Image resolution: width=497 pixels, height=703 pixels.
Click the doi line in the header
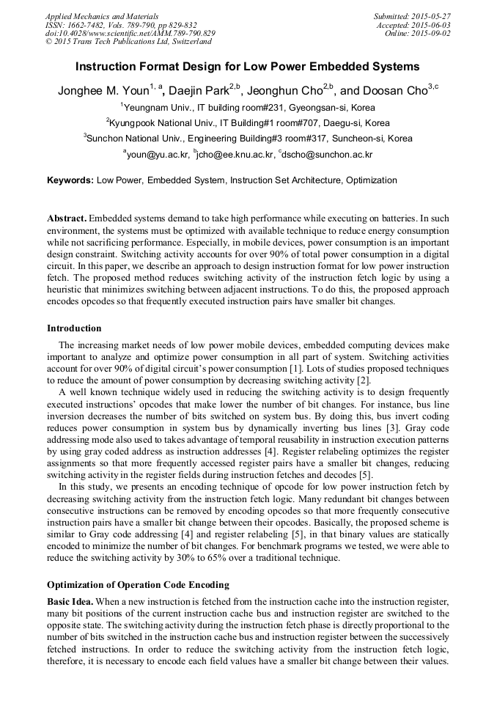130,33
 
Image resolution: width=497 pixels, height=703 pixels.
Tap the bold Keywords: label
70,180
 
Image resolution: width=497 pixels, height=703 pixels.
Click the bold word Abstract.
67,218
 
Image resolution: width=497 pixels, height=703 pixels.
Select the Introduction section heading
74,328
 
